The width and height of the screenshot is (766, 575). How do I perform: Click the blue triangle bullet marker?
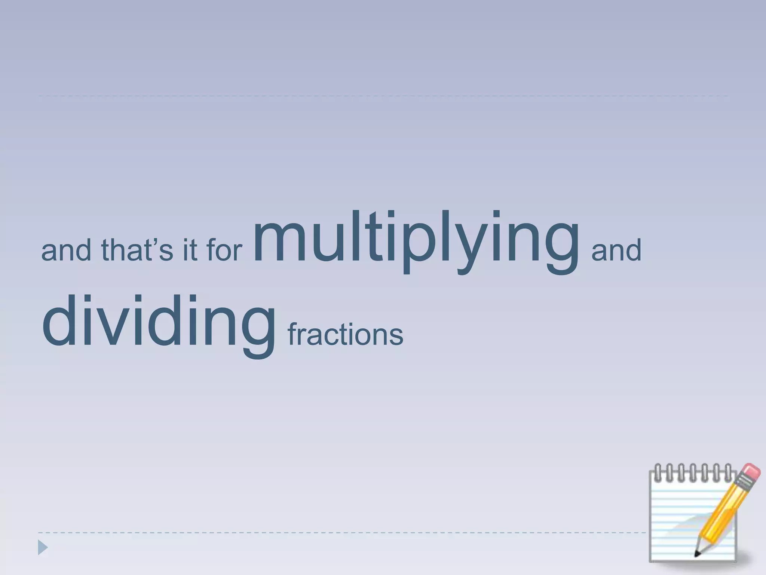43,548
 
